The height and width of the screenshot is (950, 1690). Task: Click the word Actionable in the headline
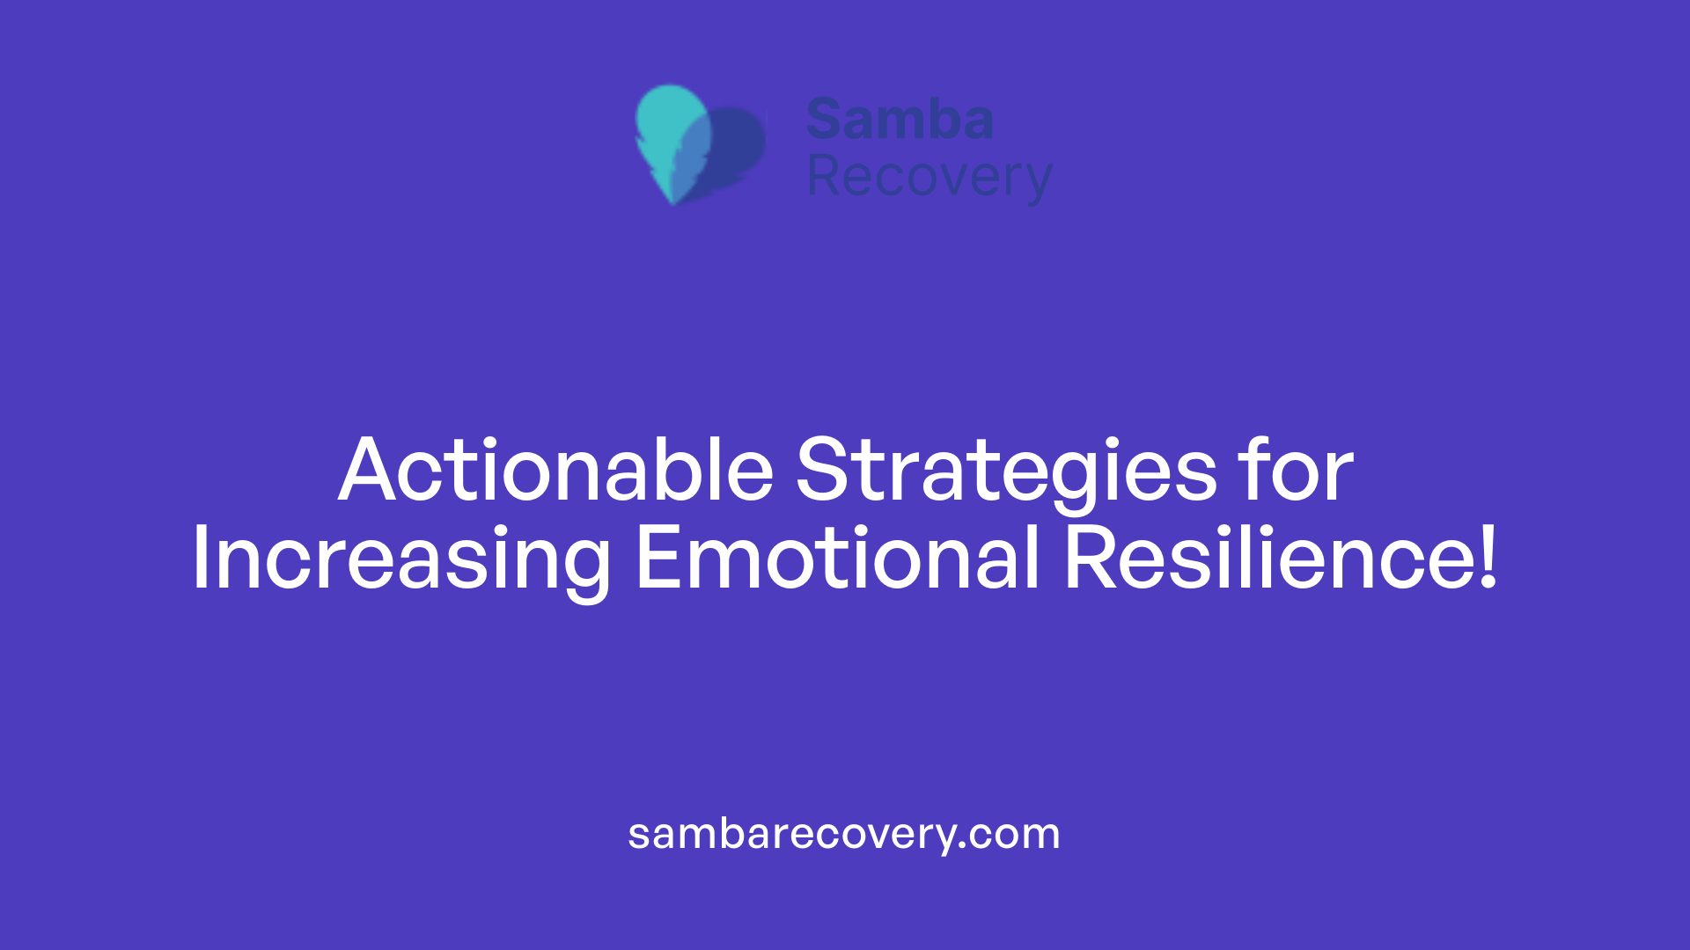tap(555, 471)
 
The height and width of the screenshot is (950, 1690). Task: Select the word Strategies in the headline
tap(1006, 471)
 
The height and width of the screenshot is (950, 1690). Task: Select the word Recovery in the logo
tap(929, 177)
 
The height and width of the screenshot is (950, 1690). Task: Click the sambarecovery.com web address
tap(843, 834)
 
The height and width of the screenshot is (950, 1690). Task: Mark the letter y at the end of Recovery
tap(1037, 180)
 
